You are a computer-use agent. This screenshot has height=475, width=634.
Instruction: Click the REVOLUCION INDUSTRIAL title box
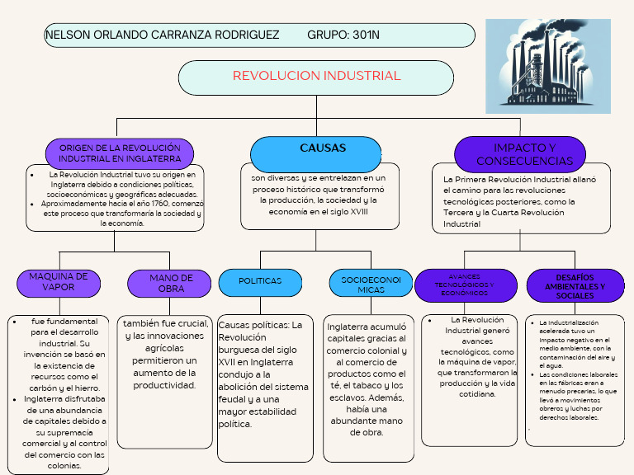[x=316, y=77]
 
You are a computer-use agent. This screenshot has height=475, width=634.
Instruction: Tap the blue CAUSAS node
[x=316, y=151]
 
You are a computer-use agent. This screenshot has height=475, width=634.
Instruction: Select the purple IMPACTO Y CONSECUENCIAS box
[x=520, y=154]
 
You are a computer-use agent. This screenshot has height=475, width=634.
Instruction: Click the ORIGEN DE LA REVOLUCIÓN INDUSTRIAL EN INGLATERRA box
[x=120, y=153]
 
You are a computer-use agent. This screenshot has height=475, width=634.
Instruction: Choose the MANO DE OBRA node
[x=171, y=284]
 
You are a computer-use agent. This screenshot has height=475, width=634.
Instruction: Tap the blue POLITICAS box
[x=260, y=281]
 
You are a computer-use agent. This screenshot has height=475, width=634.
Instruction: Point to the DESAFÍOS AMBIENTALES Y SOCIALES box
[x=575, y=285]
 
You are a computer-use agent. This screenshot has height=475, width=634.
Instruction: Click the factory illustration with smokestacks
[x=547, y=66]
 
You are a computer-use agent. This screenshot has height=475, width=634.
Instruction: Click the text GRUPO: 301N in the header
[x=343, y=35]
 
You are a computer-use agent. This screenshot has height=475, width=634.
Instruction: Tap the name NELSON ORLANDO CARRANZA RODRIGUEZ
[x=162, y=35]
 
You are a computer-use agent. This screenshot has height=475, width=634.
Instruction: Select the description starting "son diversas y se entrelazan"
[x=319, y=195]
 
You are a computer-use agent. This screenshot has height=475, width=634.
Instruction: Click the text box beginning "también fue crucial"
[x=165, y=355]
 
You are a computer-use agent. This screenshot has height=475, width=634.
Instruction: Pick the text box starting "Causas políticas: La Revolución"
[x=265, y=374]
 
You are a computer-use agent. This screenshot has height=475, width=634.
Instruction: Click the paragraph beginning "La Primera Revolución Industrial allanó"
[x=520, y=201]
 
